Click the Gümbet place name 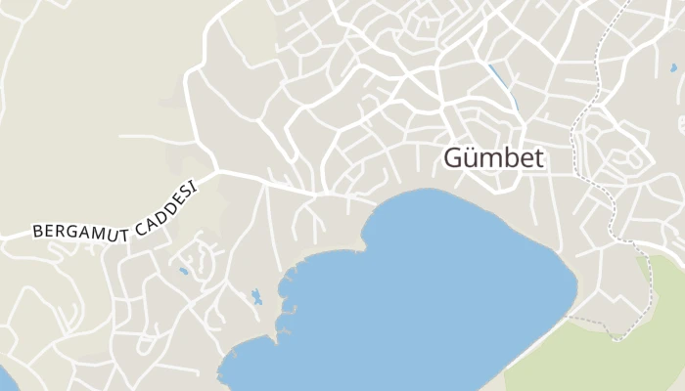tap(494, 157)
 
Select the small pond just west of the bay tap(256, 296)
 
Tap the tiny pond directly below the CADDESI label tap(183, 271)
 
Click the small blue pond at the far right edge tap(673, 68)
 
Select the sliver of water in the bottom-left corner tap(4, 376)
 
